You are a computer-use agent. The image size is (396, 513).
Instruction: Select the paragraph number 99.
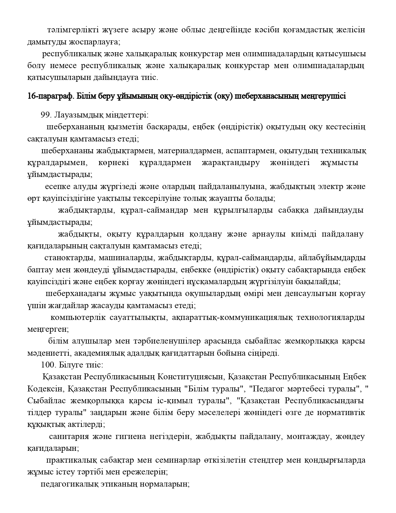pos(46,115)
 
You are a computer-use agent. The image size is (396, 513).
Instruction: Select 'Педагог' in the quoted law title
pos(264,389)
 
